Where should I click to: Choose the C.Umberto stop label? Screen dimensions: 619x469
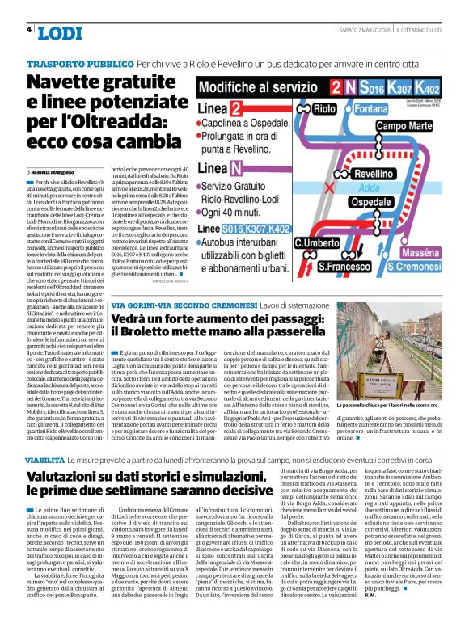pyautogui.click(x=315, y=242)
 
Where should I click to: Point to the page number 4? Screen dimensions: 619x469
pyautogui.click(x=29, y=29)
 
